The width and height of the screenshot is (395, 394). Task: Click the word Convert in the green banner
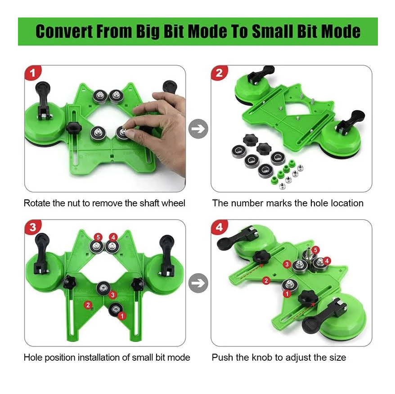click(x=64, y=31)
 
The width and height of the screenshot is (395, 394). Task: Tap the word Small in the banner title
click(x=272, y=31)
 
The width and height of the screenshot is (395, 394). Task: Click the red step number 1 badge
click(x=33, y=73)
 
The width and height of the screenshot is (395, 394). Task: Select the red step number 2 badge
click(x=219, y=73)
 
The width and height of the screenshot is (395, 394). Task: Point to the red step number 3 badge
click(x=33, y=227)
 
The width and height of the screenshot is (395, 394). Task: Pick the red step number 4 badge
click(x=219, y=227)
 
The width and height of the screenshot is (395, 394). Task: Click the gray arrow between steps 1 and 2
click(x=198, y=129)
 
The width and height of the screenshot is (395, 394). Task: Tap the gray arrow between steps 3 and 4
click(x=198, y=283)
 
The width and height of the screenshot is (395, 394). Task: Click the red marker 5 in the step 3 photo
click(x=98, y=237)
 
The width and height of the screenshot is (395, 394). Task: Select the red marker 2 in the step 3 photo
click(x=88, y=305)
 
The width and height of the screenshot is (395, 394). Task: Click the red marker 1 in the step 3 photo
click(x=122, y=316)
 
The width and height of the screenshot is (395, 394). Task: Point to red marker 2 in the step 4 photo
click(x=266, y=280)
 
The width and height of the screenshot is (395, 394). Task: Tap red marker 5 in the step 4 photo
click(x=315, y=250)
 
